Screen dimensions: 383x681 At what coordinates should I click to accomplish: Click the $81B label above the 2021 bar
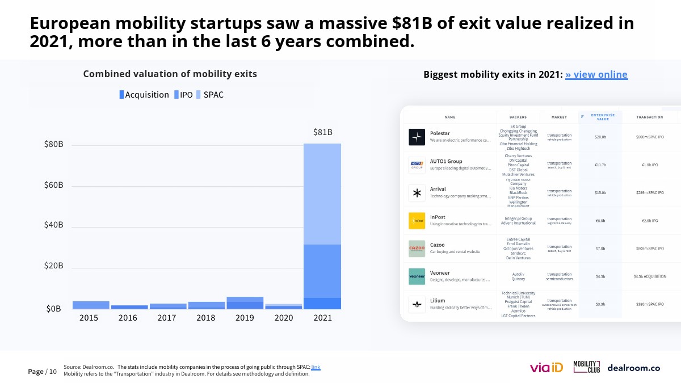coord(322,132)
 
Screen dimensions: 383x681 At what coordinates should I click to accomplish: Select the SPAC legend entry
coord(209,95)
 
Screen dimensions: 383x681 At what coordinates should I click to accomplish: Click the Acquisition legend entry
coord(144,95)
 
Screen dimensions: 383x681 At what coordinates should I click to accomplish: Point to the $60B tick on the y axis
coord(53,186)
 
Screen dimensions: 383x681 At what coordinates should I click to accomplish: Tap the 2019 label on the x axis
coord(245,318)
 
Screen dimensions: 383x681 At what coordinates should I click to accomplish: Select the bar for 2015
coord(91,305)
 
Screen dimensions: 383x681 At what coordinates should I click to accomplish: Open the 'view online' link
coord(596,74)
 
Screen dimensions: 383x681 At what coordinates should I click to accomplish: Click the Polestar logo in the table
coord(417,137)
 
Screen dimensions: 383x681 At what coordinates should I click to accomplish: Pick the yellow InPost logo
coord(417,221)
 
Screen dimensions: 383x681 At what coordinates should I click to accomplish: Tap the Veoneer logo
coord(417,276)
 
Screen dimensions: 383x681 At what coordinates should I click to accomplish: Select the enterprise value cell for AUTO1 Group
coord(600,165)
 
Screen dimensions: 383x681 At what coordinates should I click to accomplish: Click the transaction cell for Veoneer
coord(650,276)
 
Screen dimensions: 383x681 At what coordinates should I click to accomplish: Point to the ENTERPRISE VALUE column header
coord(603,117)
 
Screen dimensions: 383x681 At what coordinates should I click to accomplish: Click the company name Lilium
coord(438,301)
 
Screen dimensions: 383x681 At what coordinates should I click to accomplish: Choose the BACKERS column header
coord(518,117)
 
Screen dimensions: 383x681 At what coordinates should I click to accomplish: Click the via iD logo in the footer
coord(546,368)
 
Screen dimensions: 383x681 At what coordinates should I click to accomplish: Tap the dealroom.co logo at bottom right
coord(633,368)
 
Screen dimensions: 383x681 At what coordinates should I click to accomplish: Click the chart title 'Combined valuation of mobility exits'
coord(170,74)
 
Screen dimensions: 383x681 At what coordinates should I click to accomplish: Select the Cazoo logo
coord(417,249)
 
